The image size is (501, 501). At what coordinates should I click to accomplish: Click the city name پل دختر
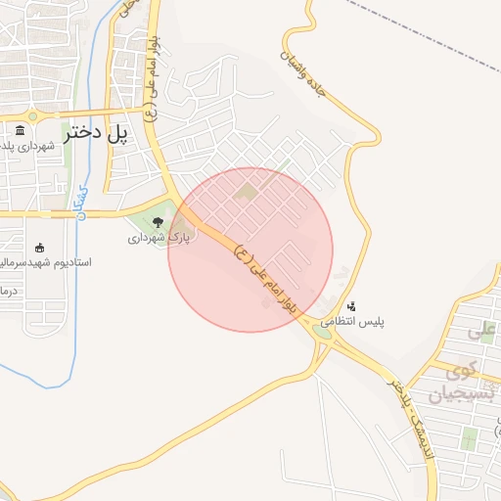click(98, 133)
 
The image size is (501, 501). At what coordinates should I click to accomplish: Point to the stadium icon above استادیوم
click(39, 248)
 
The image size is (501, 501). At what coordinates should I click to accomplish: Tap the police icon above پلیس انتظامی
click(351, 306)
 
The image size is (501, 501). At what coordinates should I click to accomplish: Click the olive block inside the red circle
click(247, 190)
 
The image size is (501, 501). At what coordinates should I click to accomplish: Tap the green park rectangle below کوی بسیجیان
click(469, 440)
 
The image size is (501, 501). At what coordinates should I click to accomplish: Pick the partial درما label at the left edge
click(8, 292)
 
